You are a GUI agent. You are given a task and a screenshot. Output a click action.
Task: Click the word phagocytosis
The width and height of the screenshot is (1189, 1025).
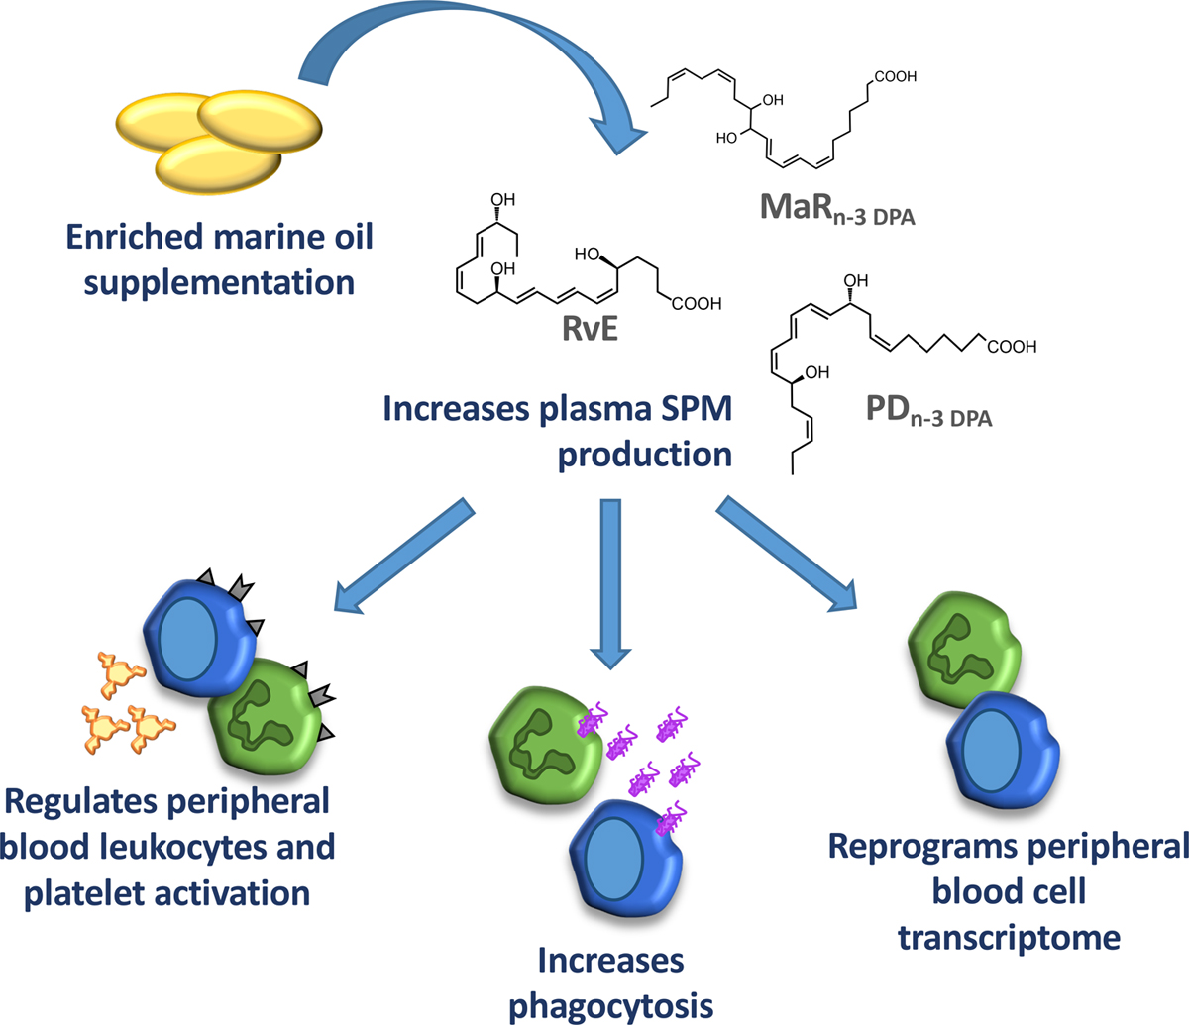click(610, 1004)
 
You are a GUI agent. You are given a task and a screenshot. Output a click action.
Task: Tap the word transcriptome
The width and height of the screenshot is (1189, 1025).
click(1009, 936)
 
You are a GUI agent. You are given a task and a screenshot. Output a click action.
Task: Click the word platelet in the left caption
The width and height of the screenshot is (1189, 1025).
click(88, 892)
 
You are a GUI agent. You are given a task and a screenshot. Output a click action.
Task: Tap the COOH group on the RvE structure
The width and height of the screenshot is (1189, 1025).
click(696, 304)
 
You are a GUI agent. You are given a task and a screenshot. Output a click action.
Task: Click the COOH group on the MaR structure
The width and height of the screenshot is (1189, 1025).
click(894, 75)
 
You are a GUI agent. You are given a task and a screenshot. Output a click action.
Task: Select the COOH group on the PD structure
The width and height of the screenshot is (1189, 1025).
click(1012, 347)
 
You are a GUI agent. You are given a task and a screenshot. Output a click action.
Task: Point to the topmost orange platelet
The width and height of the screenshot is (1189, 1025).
click(115, 674)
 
